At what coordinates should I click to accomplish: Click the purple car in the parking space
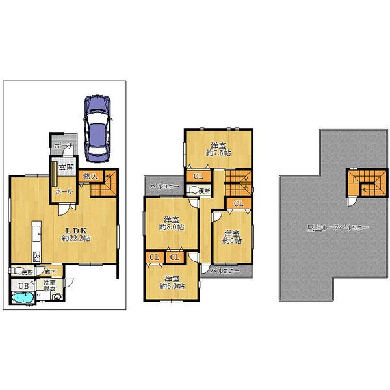tap(97, 127)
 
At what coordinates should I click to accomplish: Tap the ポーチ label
tap(63, 145)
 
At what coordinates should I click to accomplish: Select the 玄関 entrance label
tap(66, 167)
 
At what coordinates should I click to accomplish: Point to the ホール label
tap(63, 192)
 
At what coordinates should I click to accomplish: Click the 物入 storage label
tap(90, 175)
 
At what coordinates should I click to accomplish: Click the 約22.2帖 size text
tap(76, 239)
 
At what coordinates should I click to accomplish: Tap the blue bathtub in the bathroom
tap(25, 298)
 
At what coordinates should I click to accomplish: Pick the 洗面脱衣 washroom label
tap(50, 286)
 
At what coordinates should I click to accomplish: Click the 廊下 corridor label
tap(42, 271)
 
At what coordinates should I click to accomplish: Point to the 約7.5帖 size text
tap(218, 153)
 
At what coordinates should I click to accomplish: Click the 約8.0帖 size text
tap(172, 227)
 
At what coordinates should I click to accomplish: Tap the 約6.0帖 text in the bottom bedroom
tap(172, 285)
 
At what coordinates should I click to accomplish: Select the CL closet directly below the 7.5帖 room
tap(198, 176)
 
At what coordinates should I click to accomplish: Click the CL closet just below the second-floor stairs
tap(238, 204)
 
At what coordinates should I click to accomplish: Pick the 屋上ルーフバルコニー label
tap(338, 229)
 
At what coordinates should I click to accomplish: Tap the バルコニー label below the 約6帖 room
tap(225, 270)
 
